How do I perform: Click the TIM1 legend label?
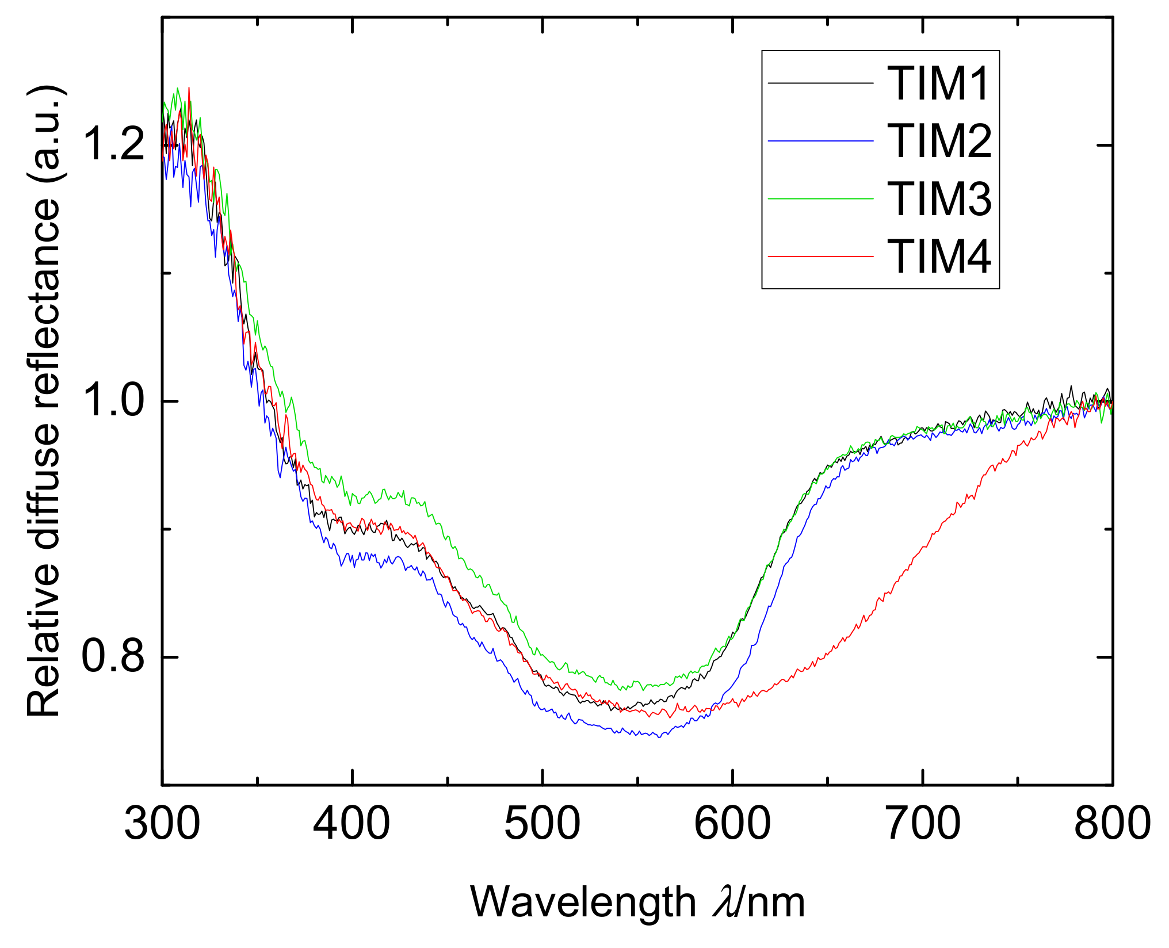pos(938,83)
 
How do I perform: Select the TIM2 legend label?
pos(939,141)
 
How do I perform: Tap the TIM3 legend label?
pos(939,198)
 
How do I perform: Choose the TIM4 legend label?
pos(939,256)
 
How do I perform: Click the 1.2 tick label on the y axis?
pos(113,144)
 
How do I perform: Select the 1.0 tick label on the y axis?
pos(113,401)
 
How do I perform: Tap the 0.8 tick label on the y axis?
pos(113,656)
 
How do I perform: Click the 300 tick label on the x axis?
pos(162,823)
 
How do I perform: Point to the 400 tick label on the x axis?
pos(352,823)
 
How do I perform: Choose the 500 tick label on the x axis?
pos(542,823)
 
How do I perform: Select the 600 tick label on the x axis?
pos(732,823)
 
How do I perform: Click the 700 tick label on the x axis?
pos(923,823)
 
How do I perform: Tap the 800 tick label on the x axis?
pos(1112,823)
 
